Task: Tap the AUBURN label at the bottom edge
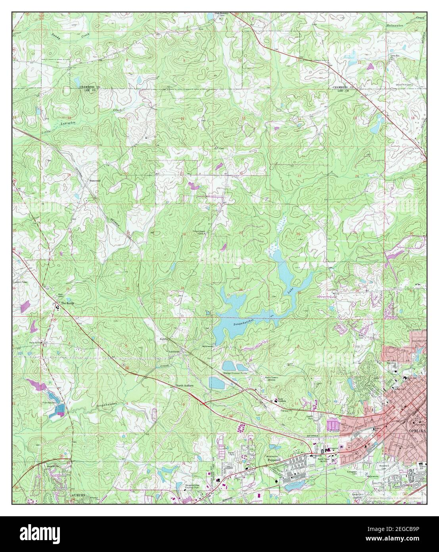pyautogui.click(x=79, y=496)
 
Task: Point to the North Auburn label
pyautogui.click(x=184, y=386)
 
